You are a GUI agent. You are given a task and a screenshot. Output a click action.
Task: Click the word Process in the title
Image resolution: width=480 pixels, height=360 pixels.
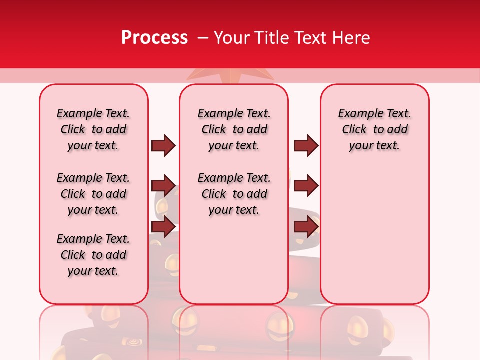coord(154,38)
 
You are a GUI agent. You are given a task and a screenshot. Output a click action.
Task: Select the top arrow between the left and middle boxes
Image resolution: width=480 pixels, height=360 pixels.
coord(163,145)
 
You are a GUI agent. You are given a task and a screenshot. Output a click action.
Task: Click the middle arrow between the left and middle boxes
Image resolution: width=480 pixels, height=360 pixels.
coord(163,186)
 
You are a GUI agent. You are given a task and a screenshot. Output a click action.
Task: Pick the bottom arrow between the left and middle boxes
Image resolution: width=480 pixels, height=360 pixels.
coord(163,227)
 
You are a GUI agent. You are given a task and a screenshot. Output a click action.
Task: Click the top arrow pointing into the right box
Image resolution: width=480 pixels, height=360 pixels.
coord(306,145)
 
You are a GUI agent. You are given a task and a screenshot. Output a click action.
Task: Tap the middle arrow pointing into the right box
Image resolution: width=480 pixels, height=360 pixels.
coord(306,186)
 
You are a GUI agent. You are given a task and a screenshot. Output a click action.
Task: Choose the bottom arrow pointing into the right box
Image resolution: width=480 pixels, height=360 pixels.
coord(306,227)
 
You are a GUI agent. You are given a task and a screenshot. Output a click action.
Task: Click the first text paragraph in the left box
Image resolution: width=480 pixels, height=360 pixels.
coord(93,129)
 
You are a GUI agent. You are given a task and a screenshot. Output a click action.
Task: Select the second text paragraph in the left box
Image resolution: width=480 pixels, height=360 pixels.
coord(93,194)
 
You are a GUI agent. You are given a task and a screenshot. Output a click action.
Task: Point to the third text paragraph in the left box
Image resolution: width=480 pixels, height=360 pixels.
coord(93,255)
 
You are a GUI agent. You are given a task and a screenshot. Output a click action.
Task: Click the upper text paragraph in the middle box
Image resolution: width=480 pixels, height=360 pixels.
coord(234,129)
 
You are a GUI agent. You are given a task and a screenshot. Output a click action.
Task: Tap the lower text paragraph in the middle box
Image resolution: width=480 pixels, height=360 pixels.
coord(234,194)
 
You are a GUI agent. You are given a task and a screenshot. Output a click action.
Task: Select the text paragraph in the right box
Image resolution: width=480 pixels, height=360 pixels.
coord(374,129)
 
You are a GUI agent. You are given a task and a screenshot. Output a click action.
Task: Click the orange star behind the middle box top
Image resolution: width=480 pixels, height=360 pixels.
coord(230,75)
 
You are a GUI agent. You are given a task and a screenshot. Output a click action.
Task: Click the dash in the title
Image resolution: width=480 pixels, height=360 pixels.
coord(203,38)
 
